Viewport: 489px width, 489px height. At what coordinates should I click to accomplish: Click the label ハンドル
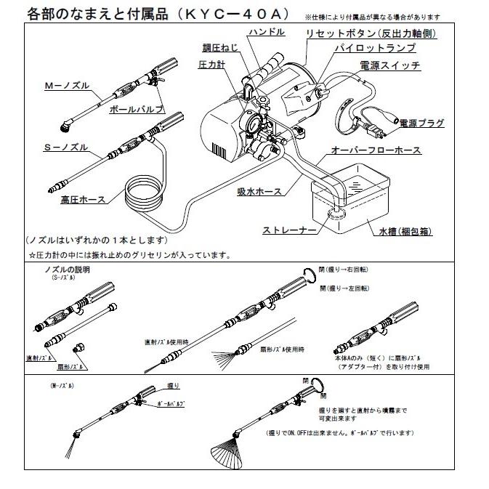point(267,33)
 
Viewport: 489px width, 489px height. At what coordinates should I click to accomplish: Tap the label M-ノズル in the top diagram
point(67,86)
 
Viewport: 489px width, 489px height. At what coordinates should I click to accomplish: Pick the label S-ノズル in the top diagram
point(65,147)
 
